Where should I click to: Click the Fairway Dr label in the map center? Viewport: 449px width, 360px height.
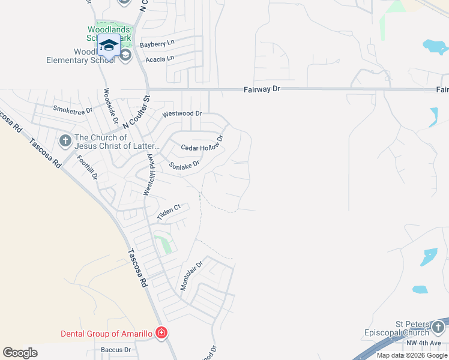[262, 89]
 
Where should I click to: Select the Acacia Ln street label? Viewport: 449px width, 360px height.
[159, 58]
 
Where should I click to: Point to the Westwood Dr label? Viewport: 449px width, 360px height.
[182, 113]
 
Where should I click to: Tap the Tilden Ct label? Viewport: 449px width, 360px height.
[169, 212]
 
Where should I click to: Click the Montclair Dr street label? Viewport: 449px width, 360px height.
[192, 274]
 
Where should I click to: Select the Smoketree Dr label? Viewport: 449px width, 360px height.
[73, 110]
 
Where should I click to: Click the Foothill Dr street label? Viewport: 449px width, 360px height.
[87, 167]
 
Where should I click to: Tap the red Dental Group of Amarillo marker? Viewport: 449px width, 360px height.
[161, 332]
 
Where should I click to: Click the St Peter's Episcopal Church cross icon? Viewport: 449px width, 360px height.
[438, 328]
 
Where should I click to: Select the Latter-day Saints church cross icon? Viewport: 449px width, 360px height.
[65, 141]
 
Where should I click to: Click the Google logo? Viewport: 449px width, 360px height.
[20, 353]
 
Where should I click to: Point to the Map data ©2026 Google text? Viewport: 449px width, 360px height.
[412, 355]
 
